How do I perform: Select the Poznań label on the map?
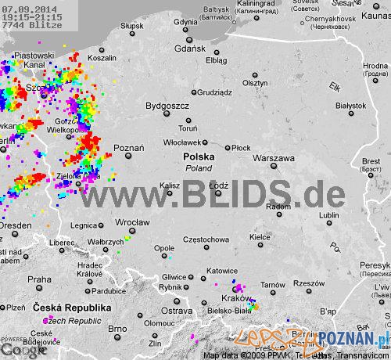click(129, 148)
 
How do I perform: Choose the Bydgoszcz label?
click(167, 105)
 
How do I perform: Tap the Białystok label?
click(350, 105)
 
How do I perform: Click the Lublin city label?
click(329, 215)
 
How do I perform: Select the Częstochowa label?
click(205, 239)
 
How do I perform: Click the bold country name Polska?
click(199, 157)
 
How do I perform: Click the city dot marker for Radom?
click(274, 196)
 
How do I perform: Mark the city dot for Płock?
click(228, 148)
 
